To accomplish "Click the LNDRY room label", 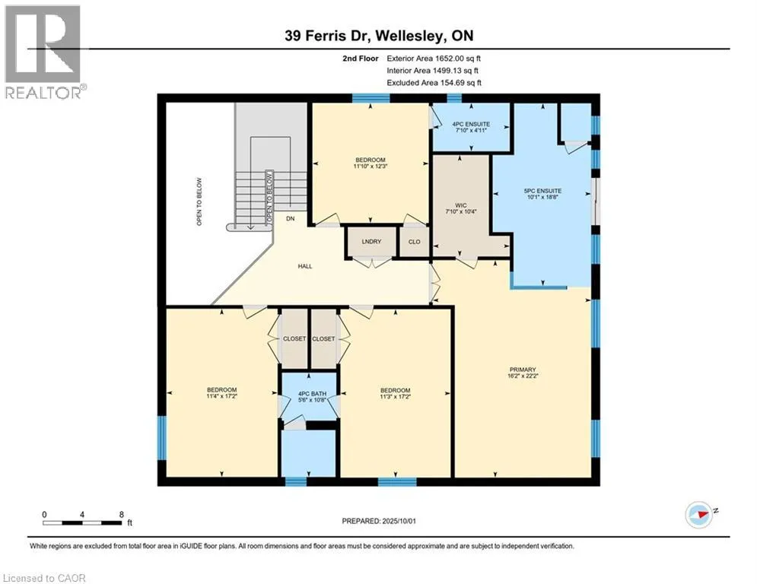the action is [371, 241].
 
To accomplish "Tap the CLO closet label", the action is [414, 242].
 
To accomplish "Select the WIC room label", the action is [460, 205].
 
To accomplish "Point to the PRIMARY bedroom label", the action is [523, 370].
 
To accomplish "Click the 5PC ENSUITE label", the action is [542, 191].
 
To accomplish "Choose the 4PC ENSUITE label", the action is [471, 124].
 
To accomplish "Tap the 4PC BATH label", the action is [313, 394].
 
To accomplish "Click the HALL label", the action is [304, 266].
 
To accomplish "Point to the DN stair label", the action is [290, 219].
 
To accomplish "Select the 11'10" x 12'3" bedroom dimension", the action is [371, 166].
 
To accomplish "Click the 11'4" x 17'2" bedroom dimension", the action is [221, 396].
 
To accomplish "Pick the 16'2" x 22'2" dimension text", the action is [523, 376].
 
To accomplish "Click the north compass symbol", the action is [699, 515].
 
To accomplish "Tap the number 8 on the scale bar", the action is [121, 515].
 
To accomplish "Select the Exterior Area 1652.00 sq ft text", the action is [434, 59].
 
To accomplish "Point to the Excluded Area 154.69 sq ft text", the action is [434, 83].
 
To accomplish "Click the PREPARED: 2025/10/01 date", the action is [379, 521].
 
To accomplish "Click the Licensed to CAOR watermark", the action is [44, 578].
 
